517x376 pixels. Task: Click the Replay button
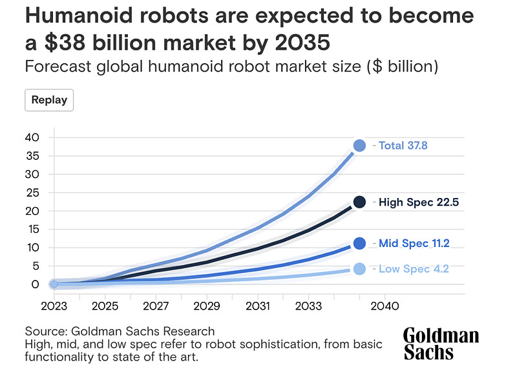tap(50, 100)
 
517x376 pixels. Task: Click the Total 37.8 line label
tap(403, 146)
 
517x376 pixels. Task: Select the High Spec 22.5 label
tap(418, 202)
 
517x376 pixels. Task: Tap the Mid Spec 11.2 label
tap(414, 243)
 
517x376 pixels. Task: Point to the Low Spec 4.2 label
tap(413, 269)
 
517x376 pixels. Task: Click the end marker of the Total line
tap(359, 146)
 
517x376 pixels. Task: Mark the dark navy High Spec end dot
tap(359, 202)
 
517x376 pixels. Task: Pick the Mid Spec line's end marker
tap(359, 243)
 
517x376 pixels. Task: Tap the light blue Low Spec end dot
tap(359, 269)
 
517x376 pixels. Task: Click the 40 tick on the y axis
tap(32, 137)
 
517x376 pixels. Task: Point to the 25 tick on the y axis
tap(32, 192)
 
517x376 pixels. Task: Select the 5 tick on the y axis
tap(36, 266)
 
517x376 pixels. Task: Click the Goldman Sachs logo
tap(441, 344)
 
